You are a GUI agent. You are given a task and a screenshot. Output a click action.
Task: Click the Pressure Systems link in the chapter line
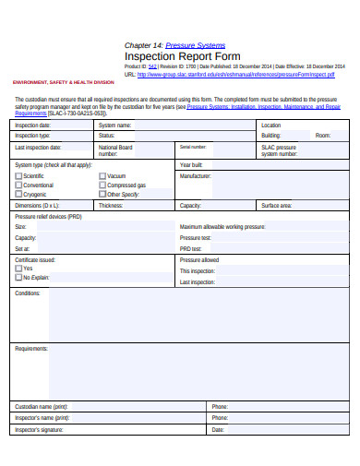click(x=195, y=44)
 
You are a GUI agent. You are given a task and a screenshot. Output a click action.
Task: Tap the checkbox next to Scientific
click(x=18, y=175)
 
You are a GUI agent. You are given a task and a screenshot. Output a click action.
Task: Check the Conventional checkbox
click(x=18, y=185)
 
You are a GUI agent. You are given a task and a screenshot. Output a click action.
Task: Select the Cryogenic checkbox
click(x=18, y=195)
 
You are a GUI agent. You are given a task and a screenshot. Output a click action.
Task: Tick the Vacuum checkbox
click(x=102, y=175)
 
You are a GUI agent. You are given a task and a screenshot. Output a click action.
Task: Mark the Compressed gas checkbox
click(x=102, y=185)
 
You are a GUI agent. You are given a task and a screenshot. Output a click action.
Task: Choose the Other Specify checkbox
click(x=102, y=195)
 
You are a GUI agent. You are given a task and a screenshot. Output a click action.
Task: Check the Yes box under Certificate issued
click(x=18, y=269)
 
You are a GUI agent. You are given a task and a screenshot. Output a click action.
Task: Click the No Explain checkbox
click(x=18, y=277)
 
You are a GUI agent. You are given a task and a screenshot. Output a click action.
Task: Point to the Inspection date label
click(x=32, y=125)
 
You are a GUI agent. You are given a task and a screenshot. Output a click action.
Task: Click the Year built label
click(x=191, y=164)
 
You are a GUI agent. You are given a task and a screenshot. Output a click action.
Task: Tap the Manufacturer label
click(x=196, y=175)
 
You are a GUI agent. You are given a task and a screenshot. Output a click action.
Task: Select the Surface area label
click(x=277, y=206)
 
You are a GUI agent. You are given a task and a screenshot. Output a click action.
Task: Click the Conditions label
click(x=28, y=293)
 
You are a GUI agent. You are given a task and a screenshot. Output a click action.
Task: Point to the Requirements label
click(x=31, y=349)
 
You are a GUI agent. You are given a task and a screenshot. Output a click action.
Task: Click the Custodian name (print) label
click(x=42, y=406)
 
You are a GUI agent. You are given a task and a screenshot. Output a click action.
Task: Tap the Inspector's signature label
click(x=39, y=429)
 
